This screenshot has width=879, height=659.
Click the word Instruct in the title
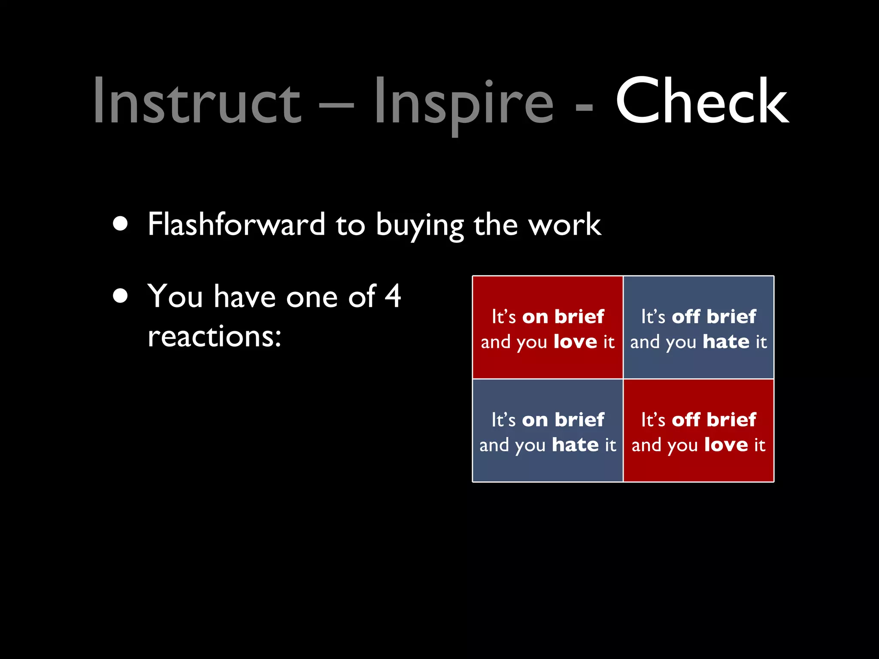(197, 101)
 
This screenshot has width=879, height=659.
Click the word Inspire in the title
(464, 101)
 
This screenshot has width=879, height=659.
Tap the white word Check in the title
(702, 101)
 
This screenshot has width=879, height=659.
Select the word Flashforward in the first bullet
(236, 224)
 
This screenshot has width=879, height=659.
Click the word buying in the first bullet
(420, 225)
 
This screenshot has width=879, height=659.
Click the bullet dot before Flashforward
(121, 224)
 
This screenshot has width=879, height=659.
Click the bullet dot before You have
(121, 296)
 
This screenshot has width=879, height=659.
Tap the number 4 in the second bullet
(393, 296)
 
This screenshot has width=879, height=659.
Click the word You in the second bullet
(175, 296)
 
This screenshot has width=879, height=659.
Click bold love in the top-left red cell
(575, 342)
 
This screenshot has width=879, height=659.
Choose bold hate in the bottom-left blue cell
(575, 445)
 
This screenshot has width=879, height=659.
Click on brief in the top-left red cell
(563, 317)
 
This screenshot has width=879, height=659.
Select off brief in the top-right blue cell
(714, 317)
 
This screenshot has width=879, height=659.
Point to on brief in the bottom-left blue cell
(563, 420)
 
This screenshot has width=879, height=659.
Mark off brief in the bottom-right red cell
(714, 420)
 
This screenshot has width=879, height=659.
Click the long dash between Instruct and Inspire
(337, 105)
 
